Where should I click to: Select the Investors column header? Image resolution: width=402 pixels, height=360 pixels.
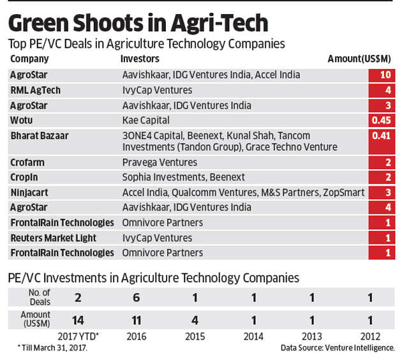coord(140,59)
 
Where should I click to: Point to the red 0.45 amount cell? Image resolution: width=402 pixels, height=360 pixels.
coord(381,120)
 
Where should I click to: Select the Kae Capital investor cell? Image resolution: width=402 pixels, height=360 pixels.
coord(145,119)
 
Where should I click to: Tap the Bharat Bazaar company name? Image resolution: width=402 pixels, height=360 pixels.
coord(40,135)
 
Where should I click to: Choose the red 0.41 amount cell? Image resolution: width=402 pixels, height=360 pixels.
coord(381,135)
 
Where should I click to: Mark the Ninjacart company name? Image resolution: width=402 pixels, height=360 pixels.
coord(30,192)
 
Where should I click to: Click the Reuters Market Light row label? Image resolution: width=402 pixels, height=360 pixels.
coord(54,237)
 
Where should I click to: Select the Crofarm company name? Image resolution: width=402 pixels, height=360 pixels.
coord(28,163)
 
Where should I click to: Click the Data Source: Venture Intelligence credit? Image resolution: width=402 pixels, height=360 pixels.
coord(338,348)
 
